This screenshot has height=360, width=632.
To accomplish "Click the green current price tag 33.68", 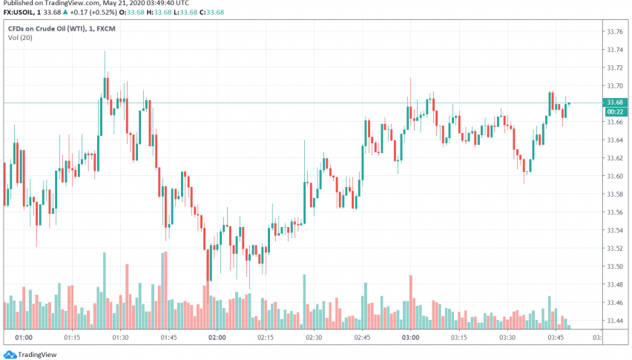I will [613, 102].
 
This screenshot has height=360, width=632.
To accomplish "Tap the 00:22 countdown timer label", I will [613, 111].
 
